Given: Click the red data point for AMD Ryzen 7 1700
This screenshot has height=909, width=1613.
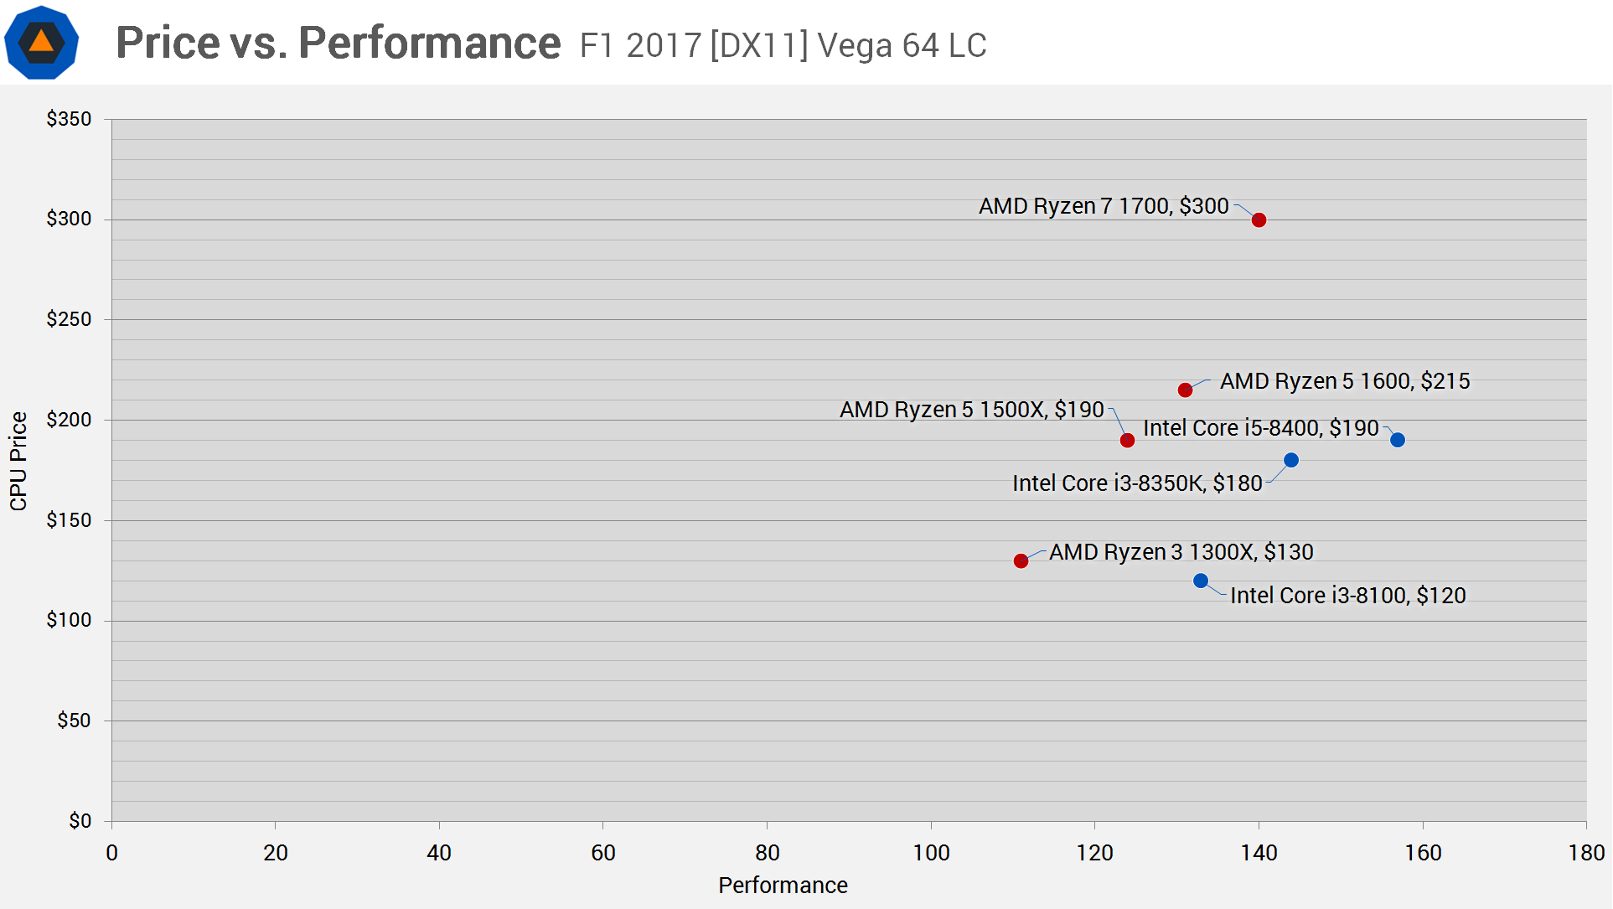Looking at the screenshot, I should pyautogui.click(x=1259, y=220).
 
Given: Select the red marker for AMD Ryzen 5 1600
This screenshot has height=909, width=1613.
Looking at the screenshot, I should pyautogui.click(x=1185, y=390).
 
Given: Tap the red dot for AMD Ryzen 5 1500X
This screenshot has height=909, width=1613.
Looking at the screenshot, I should pyautogui.click(x=1127, y=441).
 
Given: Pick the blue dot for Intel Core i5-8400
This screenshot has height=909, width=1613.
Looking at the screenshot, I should pyautogui.click(x=1398, y=440).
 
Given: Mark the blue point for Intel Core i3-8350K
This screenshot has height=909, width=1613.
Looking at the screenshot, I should pyautogui.click(x=1291, y=460).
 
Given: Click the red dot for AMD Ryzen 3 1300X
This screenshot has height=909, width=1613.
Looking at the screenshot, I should pyautogui.click(x=1021, y=561).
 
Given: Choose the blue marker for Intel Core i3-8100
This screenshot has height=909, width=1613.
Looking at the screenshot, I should pyautogui.click(x=1201, y=581).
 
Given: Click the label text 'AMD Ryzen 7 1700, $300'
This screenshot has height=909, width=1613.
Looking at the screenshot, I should pyautogui.click(x=1104, y=206).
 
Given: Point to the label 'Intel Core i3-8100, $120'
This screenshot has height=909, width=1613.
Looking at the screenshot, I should pyautogui.click(x=1347, y=596).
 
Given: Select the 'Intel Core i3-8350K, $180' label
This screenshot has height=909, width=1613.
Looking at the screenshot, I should pyautogui.click(x=1137, y=483).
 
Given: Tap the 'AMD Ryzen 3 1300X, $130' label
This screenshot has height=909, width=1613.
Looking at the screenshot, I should pyautogui.click(x=1181, y=552).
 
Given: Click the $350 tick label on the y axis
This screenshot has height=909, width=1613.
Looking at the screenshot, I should pyautogui.click(x=69, y=119).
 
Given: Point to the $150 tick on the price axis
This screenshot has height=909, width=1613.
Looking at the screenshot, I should pyautogui.click(x=69, y=520).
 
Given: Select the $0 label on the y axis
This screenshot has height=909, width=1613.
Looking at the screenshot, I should pyautogui.click(x=80, y=821).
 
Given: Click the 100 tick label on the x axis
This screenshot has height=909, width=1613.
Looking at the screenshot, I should pyautogui.click(x=931, y=853).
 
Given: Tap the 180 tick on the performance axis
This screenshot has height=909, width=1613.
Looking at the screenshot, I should pyautogui.click(x=1586, y=853).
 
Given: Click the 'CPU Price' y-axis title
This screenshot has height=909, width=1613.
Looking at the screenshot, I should pyautogui.click(x=18, y=461).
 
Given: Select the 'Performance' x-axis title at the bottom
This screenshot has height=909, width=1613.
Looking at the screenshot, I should pyautogui.click(x=783, y=886).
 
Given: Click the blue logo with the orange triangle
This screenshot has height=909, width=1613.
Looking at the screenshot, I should pyautogui.click(x=41, y=42).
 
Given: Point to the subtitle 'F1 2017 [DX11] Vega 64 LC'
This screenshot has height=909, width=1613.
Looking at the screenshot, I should pyautogui.click(x=783, y=45).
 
